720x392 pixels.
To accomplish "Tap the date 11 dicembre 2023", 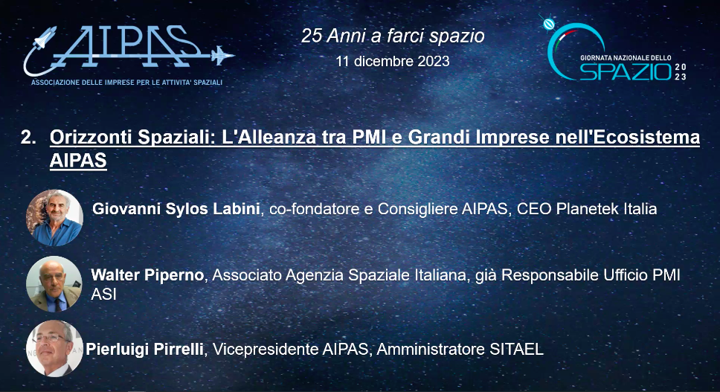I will (393, 61).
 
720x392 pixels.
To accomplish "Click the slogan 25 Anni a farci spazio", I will (393, 36).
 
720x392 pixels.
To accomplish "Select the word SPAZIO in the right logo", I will (626, 72).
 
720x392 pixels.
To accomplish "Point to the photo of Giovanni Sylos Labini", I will (54, 217).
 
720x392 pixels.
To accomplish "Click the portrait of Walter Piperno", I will (54, 283).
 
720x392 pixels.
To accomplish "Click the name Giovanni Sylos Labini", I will (177, 209).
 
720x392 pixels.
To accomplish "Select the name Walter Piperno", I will (147, 275).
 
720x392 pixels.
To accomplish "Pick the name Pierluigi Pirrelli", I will (145, 349).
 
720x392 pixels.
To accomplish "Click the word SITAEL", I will (518, 349).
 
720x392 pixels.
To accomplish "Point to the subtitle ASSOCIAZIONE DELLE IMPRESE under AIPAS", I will (126, 82).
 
